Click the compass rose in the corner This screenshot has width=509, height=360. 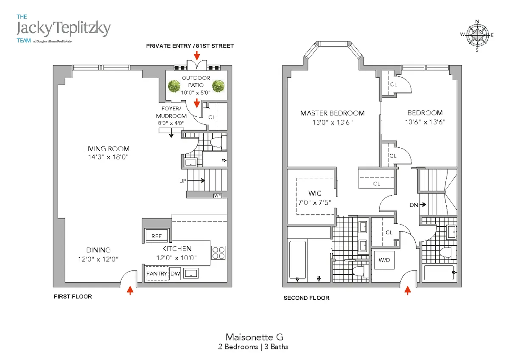tap(477, 35)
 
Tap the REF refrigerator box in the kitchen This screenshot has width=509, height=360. tap(157, 236)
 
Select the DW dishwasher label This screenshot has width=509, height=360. tap(175, 274)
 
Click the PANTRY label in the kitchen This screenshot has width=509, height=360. tap(157, 274)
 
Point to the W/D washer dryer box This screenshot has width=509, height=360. tap(384, 259)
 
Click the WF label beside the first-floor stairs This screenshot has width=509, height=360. tap(218, 196)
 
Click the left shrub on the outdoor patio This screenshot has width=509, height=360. tap(174, 86)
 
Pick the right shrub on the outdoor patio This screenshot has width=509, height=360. tap(218, 86)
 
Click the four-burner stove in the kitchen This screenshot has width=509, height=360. tap(218, 253)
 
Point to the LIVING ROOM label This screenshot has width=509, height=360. tap(106, 149)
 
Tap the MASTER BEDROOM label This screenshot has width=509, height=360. tap(332, 113)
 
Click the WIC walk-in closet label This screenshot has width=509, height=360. tap(315, 193)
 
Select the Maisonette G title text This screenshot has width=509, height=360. tap(254, 337)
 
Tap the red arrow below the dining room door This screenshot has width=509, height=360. tap(130, 290)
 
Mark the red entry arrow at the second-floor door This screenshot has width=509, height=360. tap(408, 290)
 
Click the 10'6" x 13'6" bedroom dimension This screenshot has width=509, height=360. tap(425, 122)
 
